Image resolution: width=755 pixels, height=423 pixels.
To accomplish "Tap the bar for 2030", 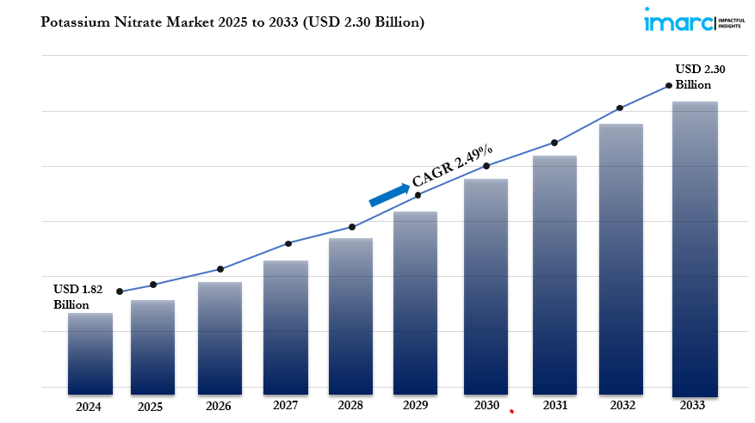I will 486,284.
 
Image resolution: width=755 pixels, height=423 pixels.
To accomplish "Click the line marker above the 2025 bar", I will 153,285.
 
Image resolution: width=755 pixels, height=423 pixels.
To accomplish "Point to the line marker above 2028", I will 351,227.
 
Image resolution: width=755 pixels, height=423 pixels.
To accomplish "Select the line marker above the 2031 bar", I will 554,143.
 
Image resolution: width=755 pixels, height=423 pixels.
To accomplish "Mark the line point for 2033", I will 669,86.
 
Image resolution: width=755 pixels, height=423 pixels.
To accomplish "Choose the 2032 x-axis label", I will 622,405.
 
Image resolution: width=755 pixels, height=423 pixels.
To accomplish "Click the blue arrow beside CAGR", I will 389,195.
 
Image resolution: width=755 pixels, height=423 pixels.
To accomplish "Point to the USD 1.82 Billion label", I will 78,297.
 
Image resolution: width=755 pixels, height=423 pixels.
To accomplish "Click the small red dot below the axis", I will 511,412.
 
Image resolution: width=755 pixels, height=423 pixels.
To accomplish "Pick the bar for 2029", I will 416,300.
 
